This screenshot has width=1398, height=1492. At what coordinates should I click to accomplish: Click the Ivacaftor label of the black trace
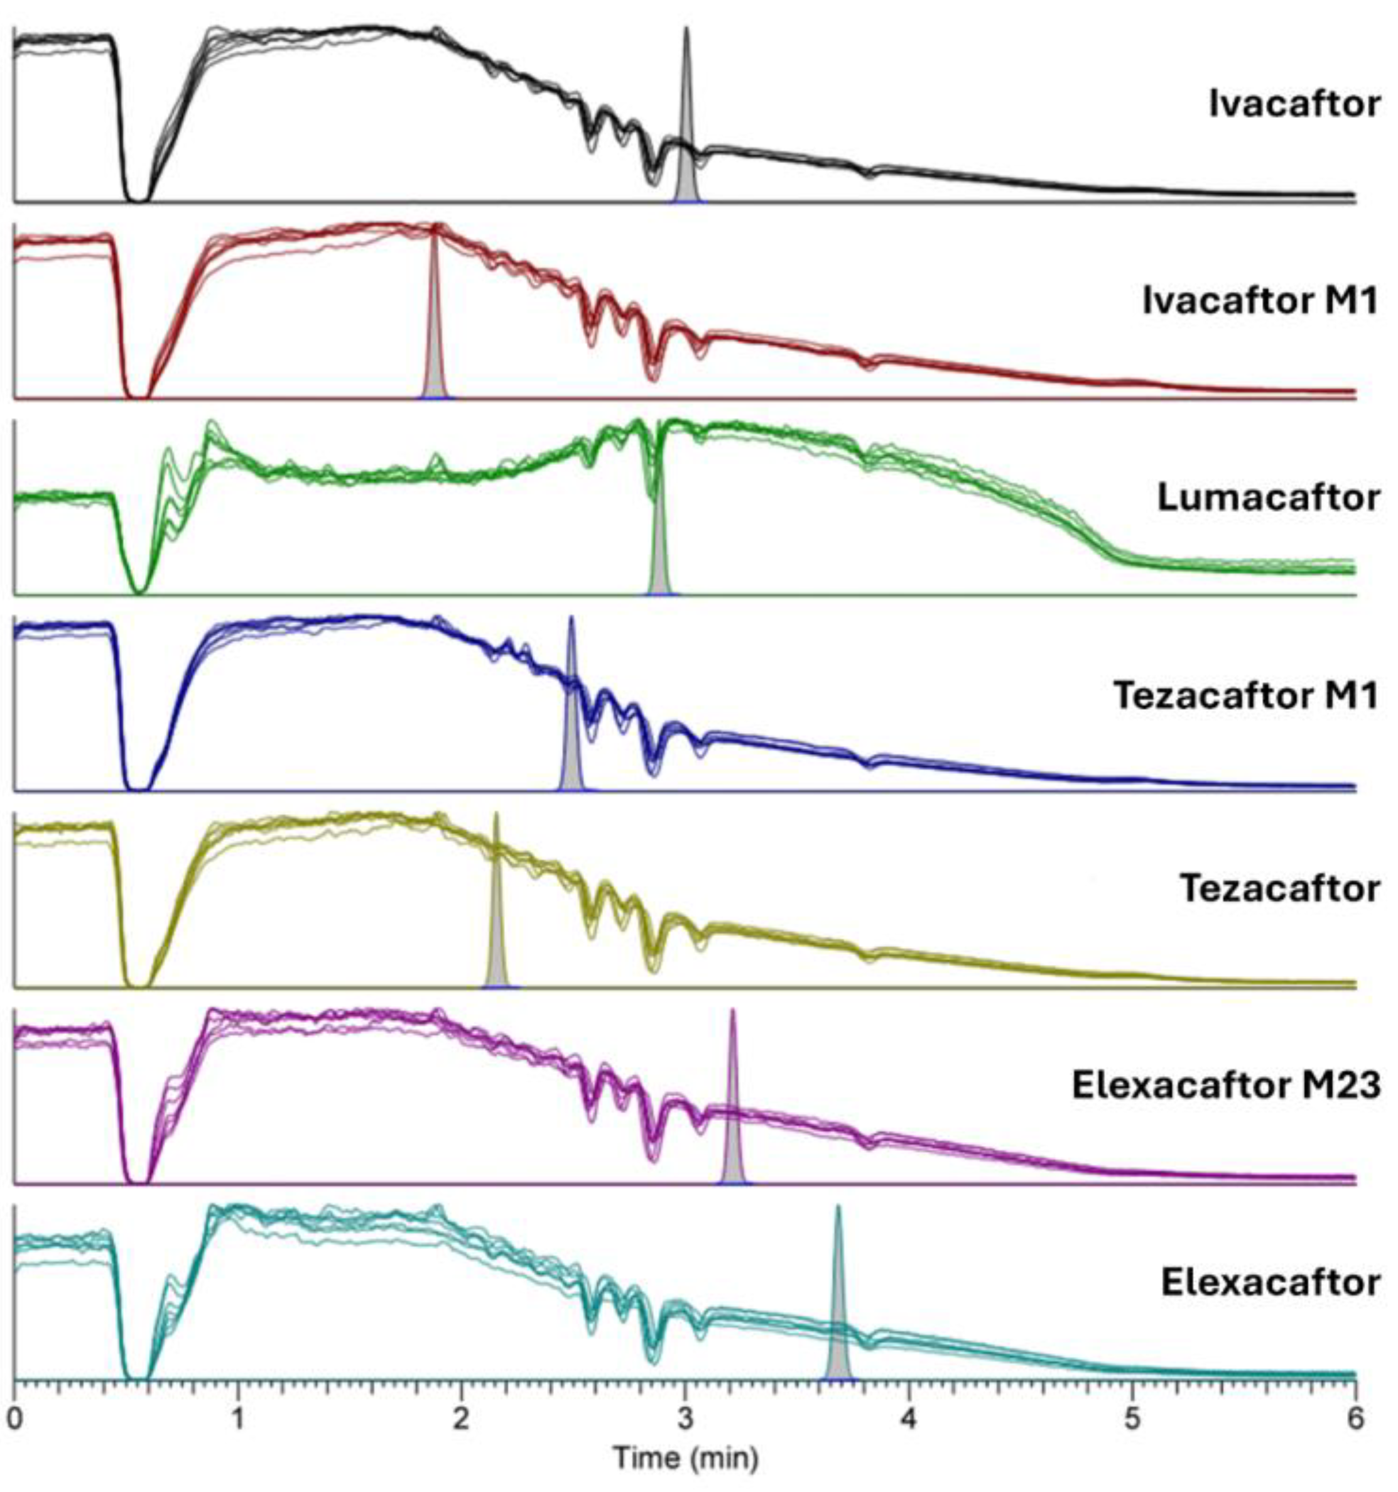[1294, 104]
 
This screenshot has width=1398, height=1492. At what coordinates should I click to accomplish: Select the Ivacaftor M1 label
[1260, 302]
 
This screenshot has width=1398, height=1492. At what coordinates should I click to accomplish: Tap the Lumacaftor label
[1268, 498]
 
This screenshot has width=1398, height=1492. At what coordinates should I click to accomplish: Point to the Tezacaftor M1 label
[1245, 695]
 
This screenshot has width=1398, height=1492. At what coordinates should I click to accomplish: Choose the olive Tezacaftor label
[1279, 890]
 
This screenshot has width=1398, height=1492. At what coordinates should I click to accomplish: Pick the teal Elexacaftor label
[1271, 1283]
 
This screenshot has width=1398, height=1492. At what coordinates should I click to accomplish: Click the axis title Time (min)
[686, 1457]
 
